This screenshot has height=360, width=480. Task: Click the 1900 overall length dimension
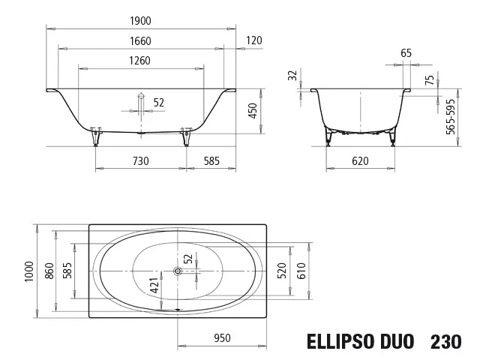[140, 21]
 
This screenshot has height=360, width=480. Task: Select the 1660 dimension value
[140, 41]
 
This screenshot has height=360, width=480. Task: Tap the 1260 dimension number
[140, 61]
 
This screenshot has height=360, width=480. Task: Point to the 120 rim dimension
[254, 40]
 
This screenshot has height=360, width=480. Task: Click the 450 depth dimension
[253, 111]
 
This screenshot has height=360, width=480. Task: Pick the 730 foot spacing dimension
[141, 161]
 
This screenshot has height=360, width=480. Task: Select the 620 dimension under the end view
[360, 161]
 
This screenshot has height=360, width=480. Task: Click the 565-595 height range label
[451, 117]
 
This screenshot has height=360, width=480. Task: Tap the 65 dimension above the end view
[406, 53]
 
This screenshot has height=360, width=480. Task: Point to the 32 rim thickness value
[293, 75]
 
